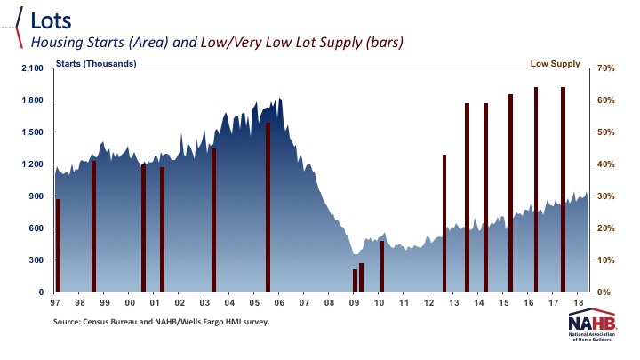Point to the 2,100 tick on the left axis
[32, 68]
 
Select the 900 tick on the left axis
[36, 196]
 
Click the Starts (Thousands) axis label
[96, 64]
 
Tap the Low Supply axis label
[556, 64]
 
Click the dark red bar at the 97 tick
[59, 244]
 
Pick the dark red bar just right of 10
[382, 266]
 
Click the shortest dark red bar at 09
[355, 280]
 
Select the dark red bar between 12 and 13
[444, 222]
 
